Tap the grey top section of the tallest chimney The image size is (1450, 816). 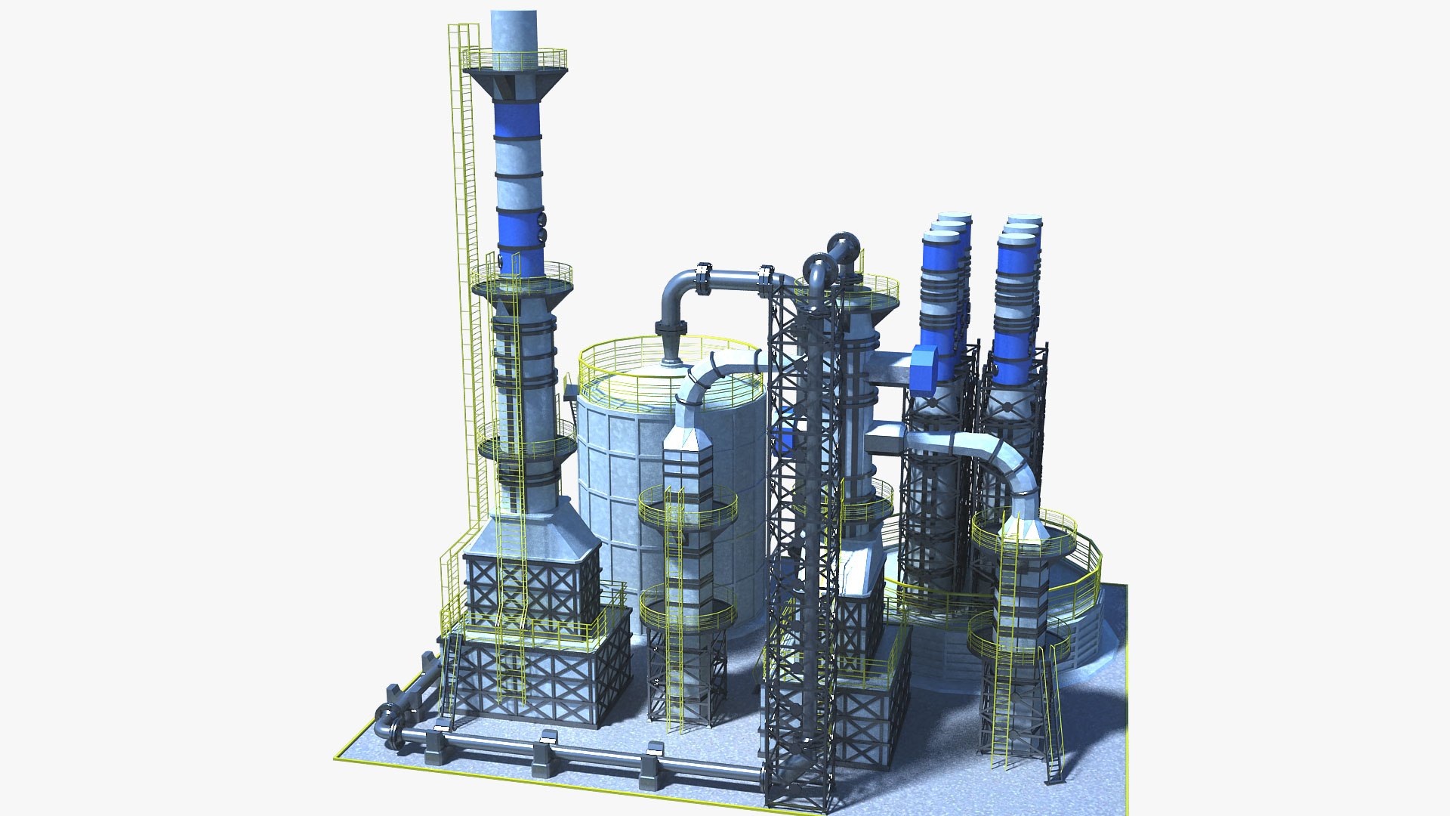pos(514,30)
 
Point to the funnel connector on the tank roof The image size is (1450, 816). pos(671,349)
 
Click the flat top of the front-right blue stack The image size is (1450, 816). pos(1016,239)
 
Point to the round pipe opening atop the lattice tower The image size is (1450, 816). pos(844,246)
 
